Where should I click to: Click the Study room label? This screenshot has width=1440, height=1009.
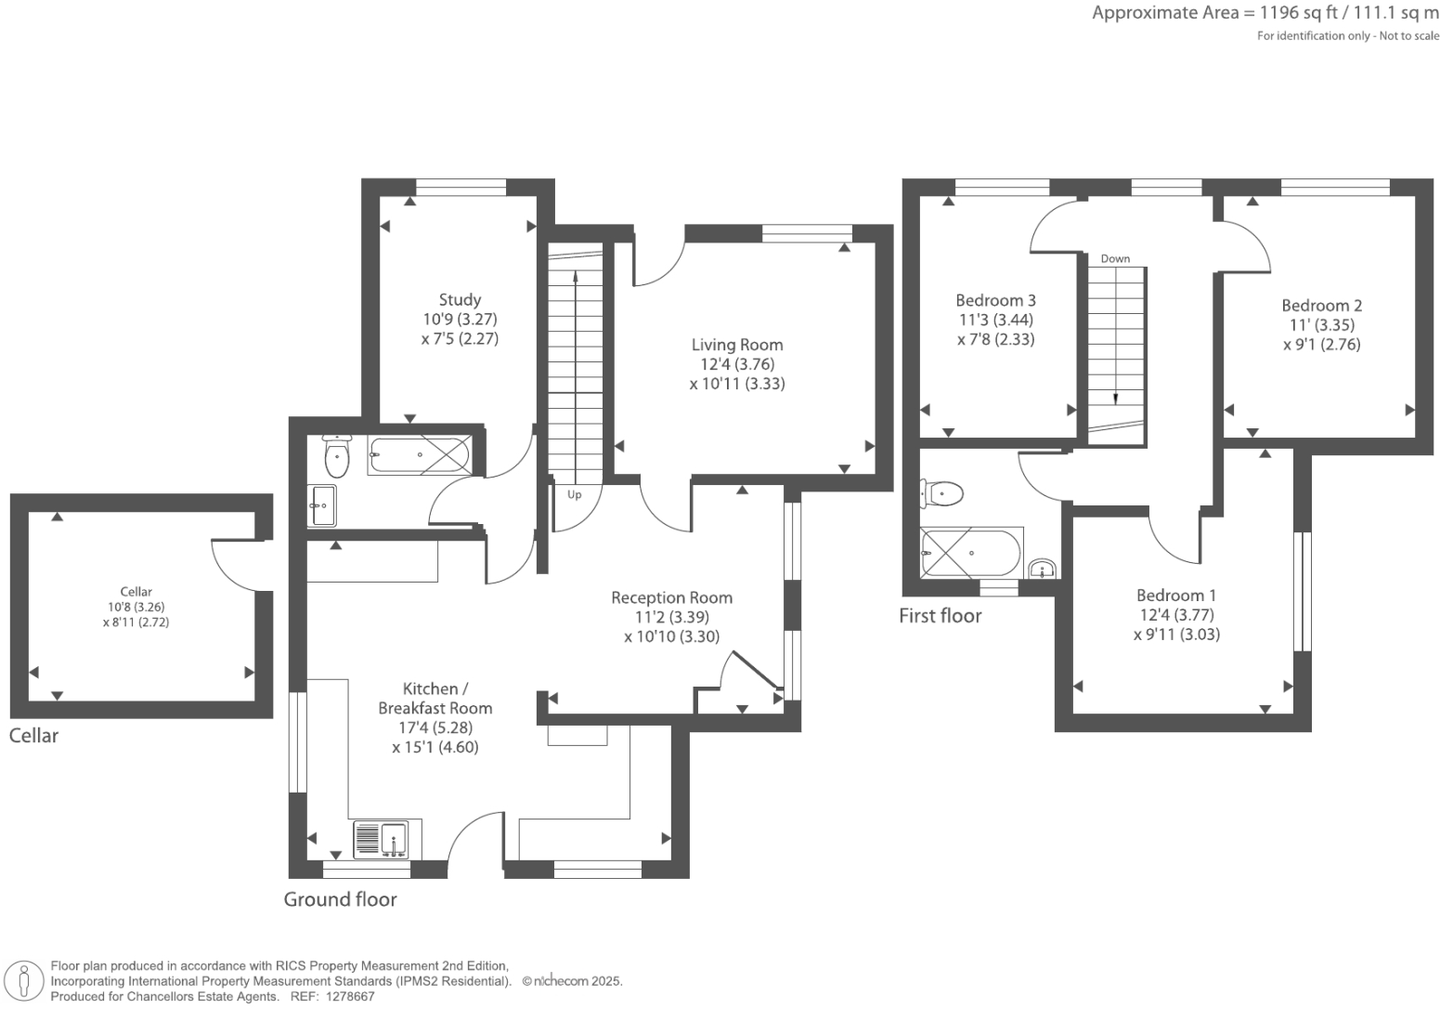pos(460,299)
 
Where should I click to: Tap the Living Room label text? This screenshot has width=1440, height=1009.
pos(737,345)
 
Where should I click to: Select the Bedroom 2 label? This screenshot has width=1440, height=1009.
pos(1321,306)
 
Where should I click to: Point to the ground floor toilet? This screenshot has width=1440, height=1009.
pos(336,455)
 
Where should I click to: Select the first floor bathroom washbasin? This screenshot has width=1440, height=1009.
pos(1042,569)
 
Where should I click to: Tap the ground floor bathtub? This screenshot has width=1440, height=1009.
pos(419,455)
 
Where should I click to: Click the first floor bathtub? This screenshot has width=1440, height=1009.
pos(969,553)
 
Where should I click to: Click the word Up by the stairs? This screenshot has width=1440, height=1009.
pos(575,495)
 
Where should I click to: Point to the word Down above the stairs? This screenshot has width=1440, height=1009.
pos(1115,258)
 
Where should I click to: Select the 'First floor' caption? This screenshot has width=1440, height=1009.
pos(940,616)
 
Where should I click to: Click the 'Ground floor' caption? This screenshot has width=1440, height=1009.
pos(340,899)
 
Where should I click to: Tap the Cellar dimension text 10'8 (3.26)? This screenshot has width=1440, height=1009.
pos(136,607)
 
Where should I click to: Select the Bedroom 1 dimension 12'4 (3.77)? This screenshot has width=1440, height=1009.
pos(1176,615)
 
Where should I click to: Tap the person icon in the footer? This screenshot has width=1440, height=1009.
pos(24,981)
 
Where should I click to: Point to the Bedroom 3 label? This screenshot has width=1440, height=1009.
pos(995,300)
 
